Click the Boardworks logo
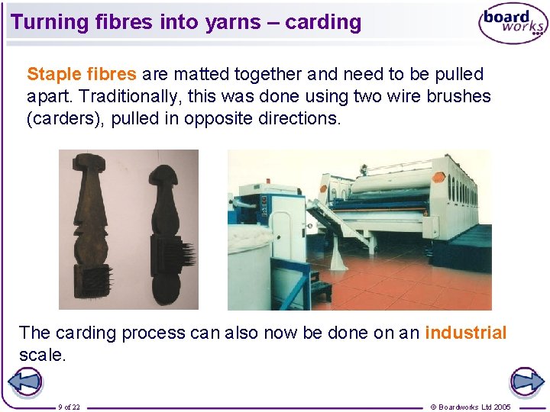(513, 25)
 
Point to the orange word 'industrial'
(465, 333)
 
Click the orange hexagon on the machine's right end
(438, 176)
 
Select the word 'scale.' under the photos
(43, 355)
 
